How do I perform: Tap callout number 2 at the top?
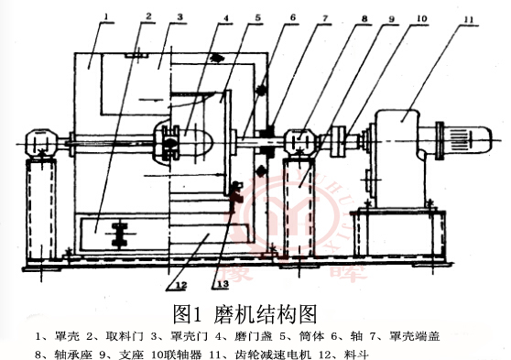(x=147, y=16)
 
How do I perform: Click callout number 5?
(x=257, y=16)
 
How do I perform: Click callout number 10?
(x=420, y=16)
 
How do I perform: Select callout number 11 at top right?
(x=467, y=16)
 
